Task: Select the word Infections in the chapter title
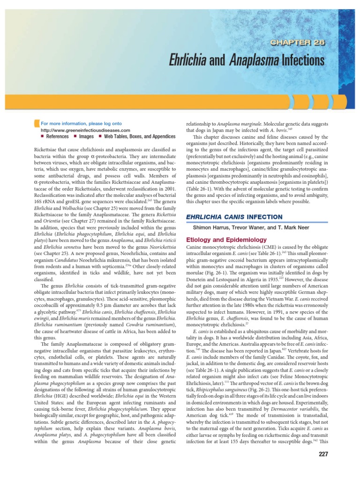pos(303,60)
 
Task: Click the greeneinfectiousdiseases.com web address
pos(85,130)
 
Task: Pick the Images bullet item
pos(86,136)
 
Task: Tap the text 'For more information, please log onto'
pos(81,124)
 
